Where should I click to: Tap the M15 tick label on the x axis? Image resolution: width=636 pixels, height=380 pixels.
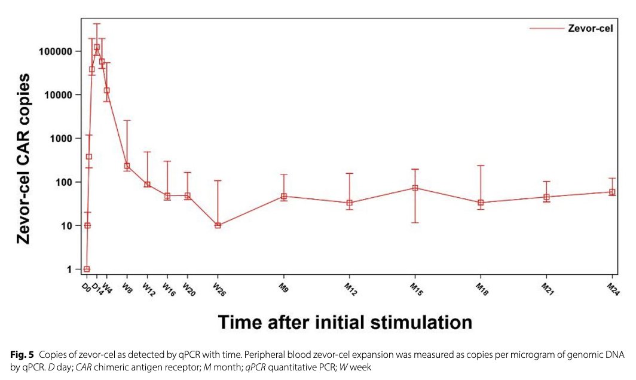[415, 290]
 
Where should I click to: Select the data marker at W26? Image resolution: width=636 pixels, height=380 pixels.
[218, 225]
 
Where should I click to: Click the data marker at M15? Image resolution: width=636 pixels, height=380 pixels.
[415, 188]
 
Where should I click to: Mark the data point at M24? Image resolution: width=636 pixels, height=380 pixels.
[612, 192]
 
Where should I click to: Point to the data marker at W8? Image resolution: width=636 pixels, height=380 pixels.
[127, 166]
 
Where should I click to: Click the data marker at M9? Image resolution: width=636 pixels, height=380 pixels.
[284, 196]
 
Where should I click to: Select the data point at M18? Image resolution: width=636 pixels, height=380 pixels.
[481, 203]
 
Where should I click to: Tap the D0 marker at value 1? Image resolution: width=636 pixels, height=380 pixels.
[87, 269]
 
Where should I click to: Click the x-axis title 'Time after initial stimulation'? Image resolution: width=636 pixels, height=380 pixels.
[345, 323]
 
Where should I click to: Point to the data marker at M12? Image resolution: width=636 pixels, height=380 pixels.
[350, 203]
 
